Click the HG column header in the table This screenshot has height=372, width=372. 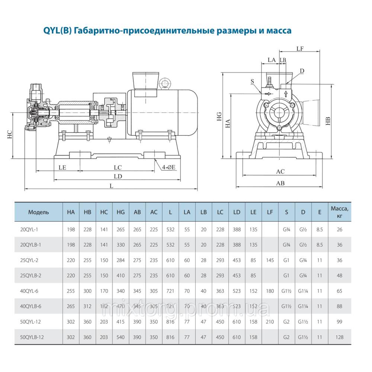[121, 212]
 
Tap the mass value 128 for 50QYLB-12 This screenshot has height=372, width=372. [339, 337]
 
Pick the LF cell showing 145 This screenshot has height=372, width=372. [270, 260]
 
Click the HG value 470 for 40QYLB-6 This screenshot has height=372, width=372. [121, 307]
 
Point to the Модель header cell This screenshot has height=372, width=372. [38, 212]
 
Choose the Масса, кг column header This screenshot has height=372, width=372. [339, 212]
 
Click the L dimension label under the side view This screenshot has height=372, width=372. [111, 186]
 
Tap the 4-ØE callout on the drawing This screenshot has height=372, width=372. [169, 168]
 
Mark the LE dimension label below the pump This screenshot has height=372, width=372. [62, 168]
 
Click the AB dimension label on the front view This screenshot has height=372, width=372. [280, 183]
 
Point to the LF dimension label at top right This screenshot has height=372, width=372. [301, 48]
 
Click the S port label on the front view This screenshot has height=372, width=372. [252, 81]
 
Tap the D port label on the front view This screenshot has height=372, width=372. [302, 71]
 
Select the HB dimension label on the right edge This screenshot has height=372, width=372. [328, 121]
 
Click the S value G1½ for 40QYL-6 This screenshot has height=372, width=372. [286, 291]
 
